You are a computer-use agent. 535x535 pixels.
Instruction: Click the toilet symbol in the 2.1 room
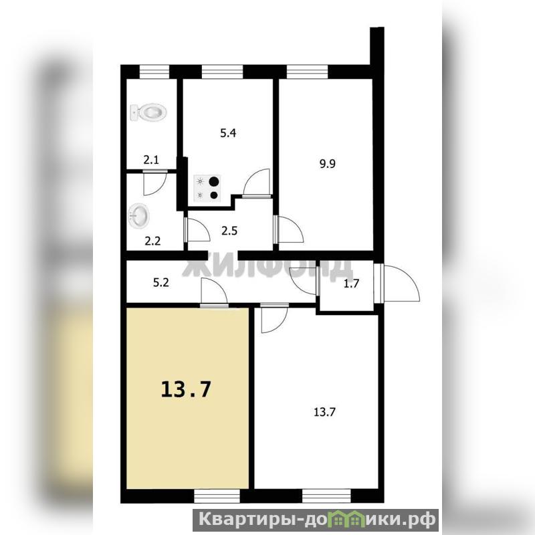click(x=148, y=112)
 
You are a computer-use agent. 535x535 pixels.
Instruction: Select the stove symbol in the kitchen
click(x=207, y=188)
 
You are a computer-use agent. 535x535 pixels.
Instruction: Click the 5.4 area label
click(x=228, y=132)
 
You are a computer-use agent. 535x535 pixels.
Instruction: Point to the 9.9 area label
click(x=327, y=164)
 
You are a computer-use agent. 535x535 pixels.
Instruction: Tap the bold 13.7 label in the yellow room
click(x=186, y=389)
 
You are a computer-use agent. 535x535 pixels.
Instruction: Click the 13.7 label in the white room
click(x=324, y=412)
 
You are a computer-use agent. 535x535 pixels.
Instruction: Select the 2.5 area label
click(x=229, y=231)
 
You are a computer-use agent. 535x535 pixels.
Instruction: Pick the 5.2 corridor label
click(x=160, y=283)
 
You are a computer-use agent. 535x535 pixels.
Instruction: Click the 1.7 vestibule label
click(x=351, y=284)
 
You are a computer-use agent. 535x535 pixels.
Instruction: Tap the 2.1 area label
click(x=151, y=160)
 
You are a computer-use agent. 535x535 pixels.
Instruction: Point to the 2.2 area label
click(x=152, y=241)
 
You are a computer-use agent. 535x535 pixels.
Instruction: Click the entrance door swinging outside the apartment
click(x=397, y=283)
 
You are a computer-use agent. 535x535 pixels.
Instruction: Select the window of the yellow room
click(x=217, y=496)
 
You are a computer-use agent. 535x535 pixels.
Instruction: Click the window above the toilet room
click(x=154, y=72)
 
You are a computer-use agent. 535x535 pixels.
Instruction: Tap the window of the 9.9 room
click(x=307, y=72)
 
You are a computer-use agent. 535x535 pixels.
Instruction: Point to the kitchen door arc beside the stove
click(x=257, y=183)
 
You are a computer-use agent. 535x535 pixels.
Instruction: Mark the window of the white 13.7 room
click(x=326, y=496)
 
